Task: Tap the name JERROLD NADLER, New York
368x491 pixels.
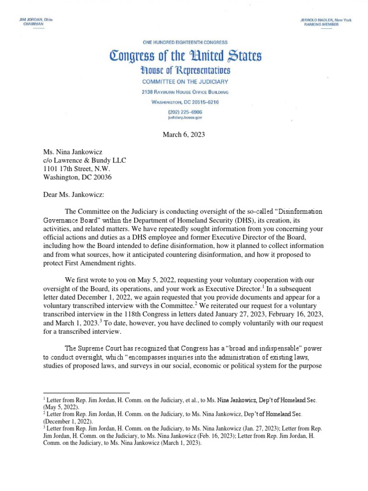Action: [326, 20]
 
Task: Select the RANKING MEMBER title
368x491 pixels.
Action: [321, 24]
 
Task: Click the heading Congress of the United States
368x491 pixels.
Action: [185, 56]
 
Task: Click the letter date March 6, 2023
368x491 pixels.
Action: [184, 134]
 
